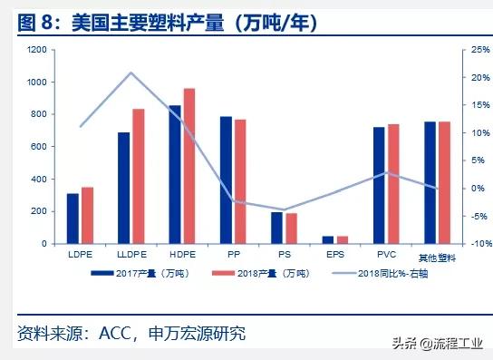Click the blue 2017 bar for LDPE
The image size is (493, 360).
click(72, 219)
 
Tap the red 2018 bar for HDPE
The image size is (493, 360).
click(189, 166)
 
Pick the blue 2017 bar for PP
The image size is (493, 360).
click(227, 180)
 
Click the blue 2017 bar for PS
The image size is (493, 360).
click(277, 228)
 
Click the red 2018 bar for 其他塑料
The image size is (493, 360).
click(444, 182)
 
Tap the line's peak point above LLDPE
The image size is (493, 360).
click(131, 73)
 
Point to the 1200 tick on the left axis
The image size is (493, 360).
click(36, 50)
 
